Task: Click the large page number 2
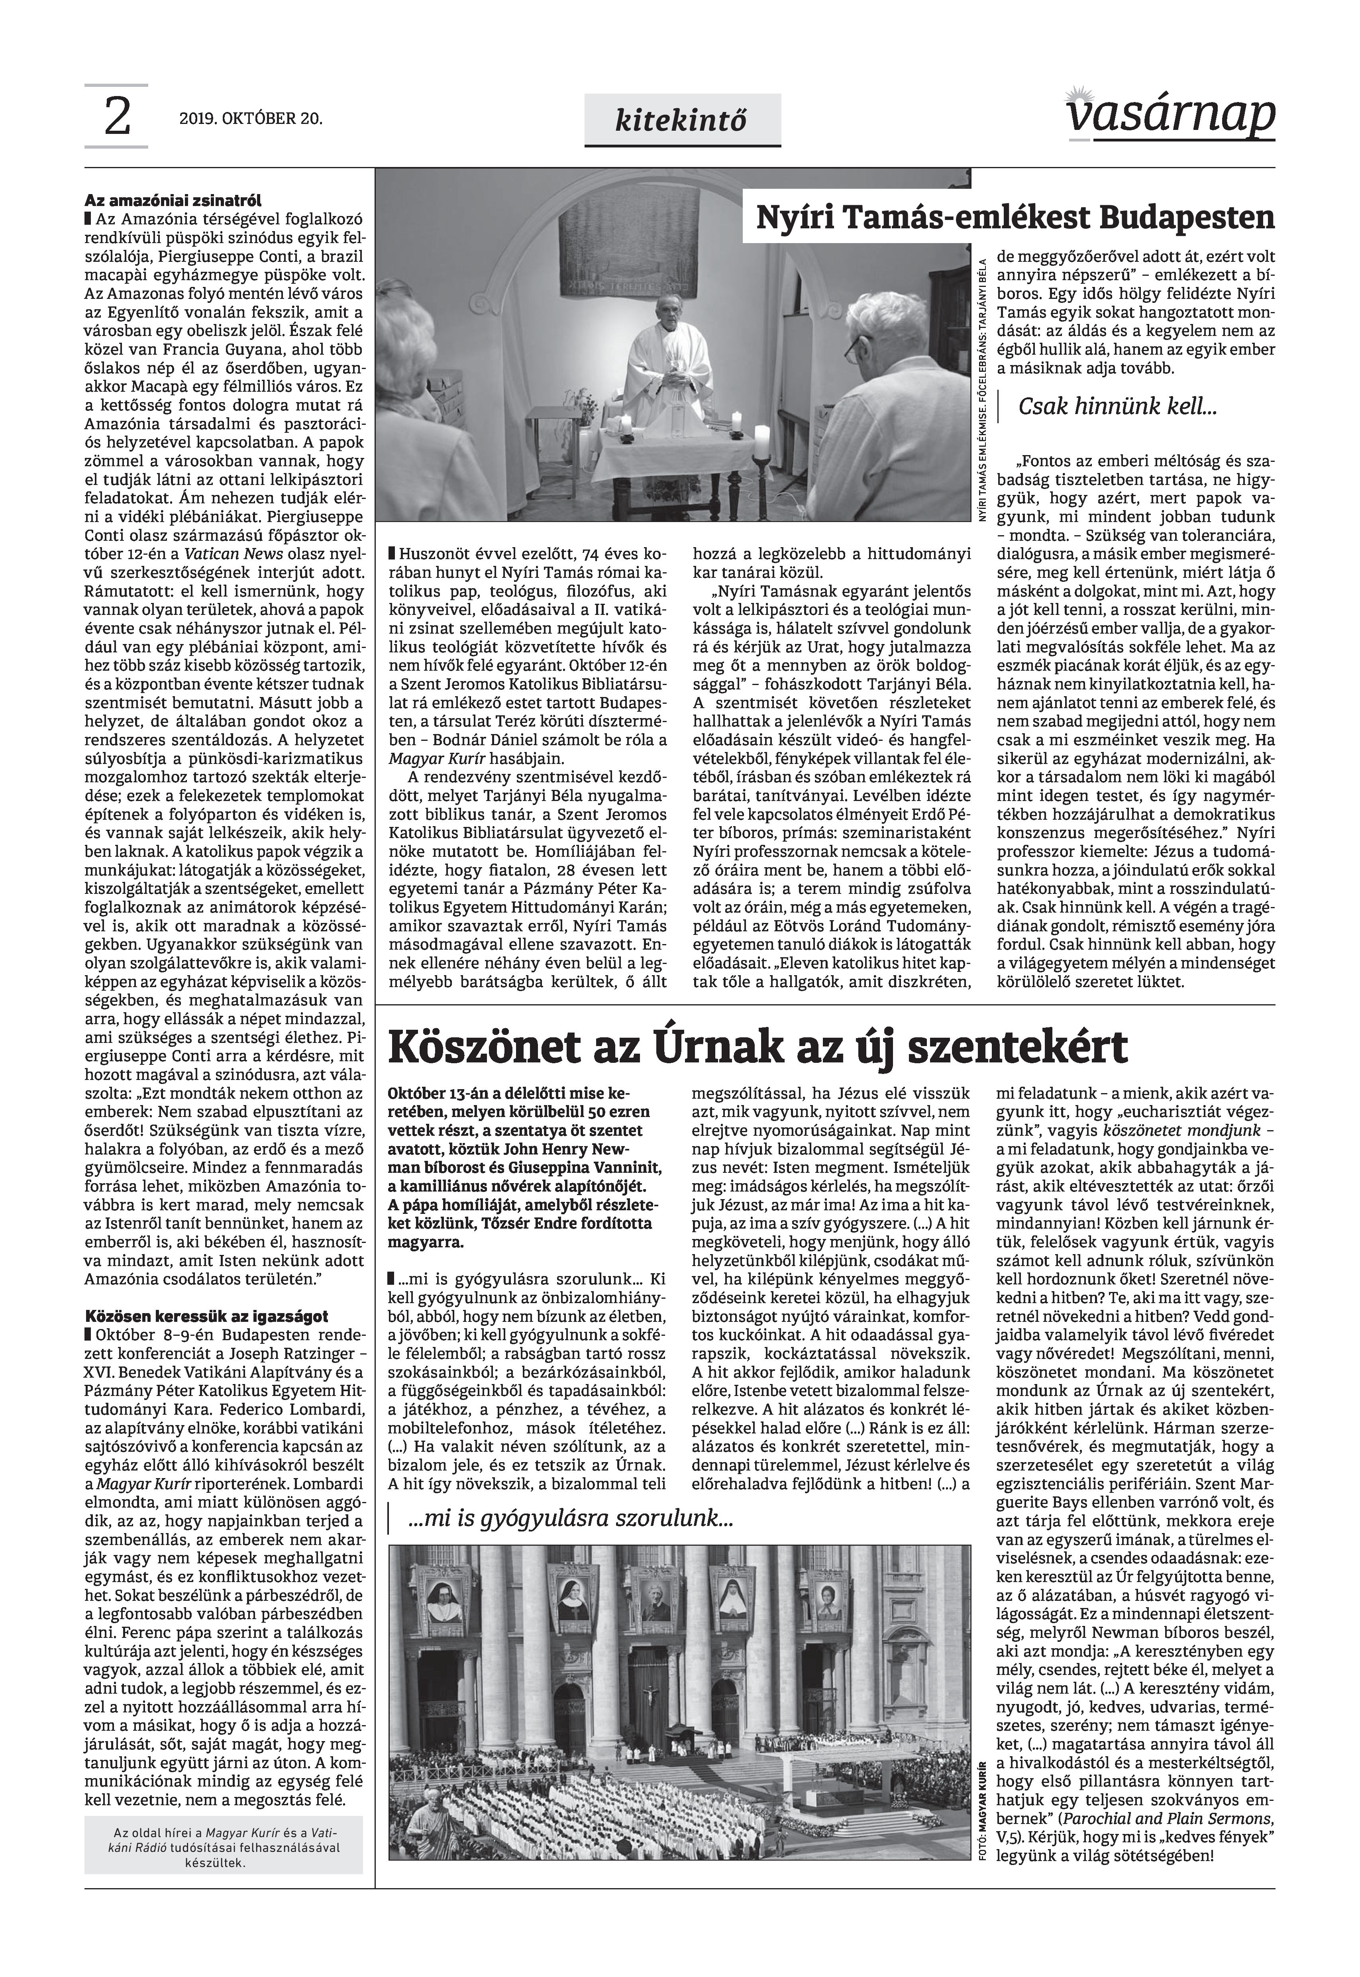[x=117, y=118]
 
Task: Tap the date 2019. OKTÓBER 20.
[x=251, y=119]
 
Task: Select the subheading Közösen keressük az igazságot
[x=206, y=1316]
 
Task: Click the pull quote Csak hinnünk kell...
[x=1117, y=407]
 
